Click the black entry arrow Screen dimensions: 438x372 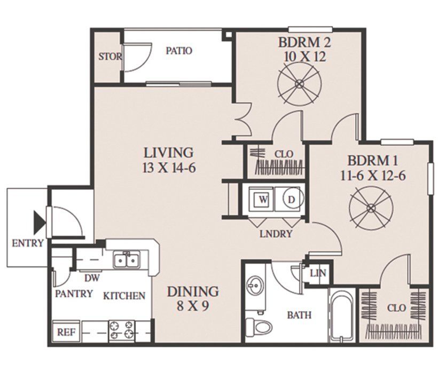tap(39, 223)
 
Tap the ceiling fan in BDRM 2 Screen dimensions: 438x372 tap(299, 83)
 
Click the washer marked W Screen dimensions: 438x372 tap(263, 200)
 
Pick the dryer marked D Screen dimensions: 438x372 tap(291, 200)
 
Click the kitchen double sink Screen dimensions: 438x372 tap(127, 260)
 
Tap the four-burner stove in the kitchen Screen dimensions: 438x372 tap(122, 330)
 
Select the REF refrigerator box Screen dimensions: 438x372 tap(66, 332)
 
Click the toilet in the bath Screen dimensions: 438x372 tap(259, 326)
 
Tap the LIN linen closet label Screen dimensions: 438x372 tap(318, 273)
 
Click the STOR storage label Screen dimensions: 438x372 tap(110, 57)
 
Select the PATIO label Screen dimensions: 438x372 tap(179, 51)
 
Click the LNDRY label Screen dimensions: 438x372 tap(276, 234)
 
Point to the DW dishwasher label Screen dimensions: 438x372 tap(92, 278)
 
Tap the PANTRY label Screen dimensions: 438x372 tap(74, 294)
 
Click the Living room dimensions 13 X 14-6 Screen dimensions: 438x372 tap(169, 168)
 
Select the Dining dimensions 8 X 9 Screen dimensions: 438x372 tap(193, 306)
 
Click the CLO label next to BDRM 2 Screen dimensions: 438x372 tap(284, 154)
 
